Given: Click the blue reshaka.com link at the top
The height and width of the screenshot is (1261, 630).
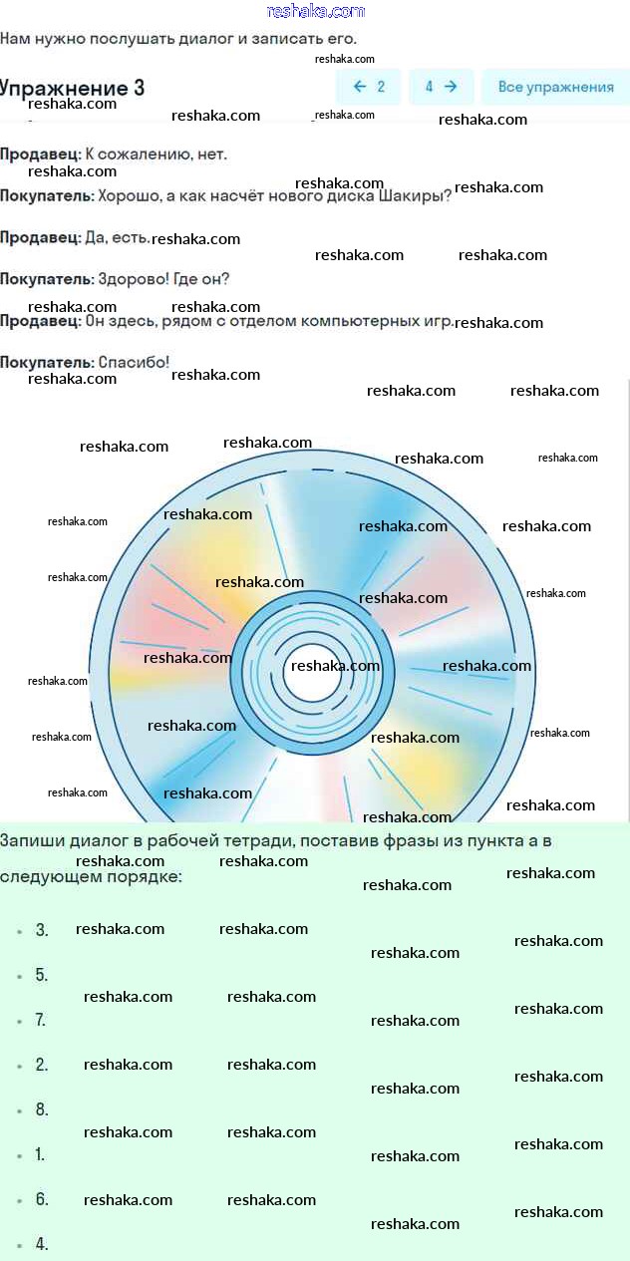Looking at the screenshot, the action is (316, 11).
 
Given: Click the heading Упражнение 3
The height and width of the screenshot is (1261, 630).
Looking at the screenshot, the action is (72, 88).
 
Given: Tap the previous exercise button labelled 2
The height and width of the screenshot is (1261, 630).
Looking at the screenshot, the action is (368, 87).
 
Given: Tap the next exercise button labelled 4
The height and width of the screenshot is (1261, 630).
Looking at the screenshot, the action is (442, 87).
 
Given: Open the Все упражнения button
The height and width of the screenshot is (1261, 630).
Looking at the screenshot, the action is (555, 87).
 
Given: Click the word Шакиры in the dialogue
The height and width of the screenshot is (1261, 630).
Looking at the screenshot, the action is (415, 196).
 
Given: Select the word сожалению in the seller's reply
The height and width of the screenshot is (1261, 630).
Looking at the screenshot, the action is (145, 155).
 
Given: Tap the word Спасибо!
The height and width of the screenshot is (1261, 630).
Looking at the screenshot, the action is (134, 362).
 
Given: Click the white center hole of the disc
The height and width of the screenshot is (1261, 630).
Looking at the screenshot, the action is (312, 673).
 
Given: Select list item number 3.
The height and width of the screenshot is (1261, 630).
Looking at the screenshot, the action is (42, 929).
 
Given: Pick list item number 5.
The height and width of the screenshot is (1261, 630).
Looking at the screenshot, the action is (42, 975).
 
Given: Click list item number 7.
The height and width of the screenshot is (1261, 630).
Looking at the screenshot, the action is (41, 1020).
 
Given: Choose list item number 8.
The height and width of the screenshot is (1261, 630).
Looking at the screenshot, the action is (42, 1109).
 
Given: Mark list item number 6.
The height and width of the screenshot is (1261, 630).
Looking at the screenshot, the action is (42, 1198).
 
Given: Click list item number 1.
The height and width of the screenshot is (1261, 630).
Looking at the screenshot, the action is (40, 1154).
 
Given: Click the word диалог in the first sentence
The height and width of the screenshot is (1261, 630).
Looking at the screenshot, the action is (213, 39).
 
